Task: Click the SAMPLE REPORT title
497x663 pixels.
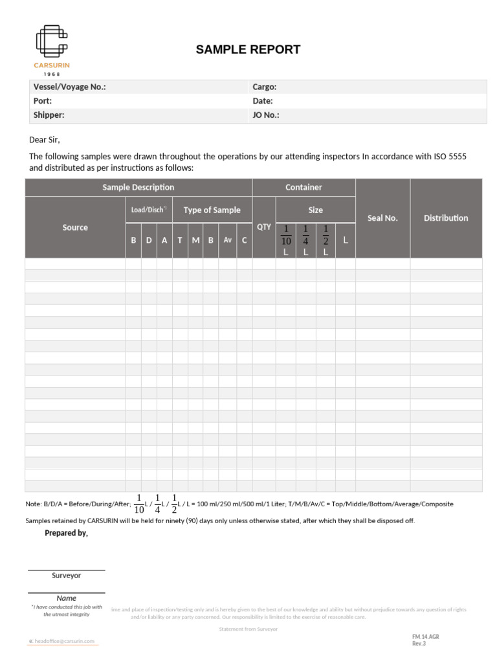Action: click(248, 50)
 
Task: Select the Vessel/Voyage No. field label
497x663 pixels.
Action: click(69, 87)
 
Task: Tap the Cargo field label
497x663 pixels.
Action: click(265, 87)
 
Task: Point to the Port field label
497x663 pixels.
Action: click(43, 101)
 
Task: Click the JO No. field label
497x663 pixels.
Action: click(266, 115)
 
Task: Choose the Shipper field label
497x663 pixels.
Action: click(49, 115)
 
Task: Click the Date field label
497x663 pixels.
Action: click(263, 101)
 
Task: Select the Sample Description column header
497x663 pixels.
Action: click(138, 187)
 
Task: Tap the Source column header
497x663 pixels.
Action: click(75, 227)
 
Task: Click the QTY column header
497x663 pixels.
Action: click(264, 227)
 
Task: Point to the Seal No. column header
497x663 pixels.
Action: click(382, 218)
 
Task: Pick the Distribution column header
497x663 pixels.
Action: click(446, 218)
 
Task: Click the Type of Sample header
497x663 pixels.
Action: click(212, 210)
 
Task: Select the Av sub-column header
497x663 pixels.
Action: click(228, 240)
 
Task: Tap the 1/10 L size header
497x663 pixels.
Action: click(285, 240)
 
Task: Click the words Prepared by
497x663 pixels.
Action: click(66, 533)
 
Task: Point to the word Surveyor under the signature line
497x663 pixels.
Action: click(66, 575)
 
